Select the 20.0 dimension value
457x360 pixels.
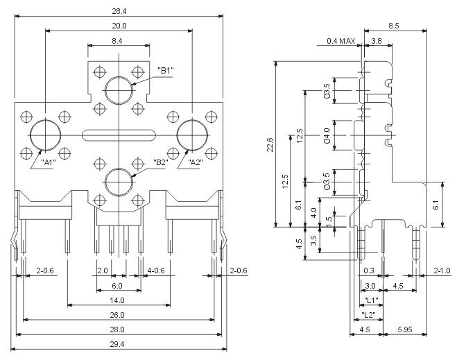pyautogui.click(x=119, y=25)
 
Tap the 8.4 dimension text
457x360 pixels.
pyautogui.click(x=119, y=42)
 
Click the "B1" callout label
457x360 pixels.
pyautogui.click(x=166, y=70)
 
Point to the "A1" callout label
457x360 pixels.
pyautogui.click(x=49, y=162)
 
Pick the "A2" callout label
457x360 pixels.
pyautogui.click(x=196, y=162)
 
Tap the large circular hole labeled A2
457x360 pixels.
pyautogui.click(x=191, y=133)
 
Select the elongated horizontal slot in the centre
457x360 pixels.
pyautogui.click(x=119, y=134)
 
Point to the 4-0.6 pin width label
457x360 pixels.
pyautogui.click(x=156, y=270)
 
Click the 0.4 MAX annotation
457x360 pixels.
pyautogui.click(x=340, y=42)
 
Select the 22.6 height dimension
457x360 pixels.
pyautogui.click(x=270, y=144)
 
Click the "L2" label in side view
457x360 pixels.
pyautogui.click(x=370, y=314)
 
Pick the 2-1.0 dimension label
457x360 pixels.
pyautogui.click(x=442, y=270)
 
